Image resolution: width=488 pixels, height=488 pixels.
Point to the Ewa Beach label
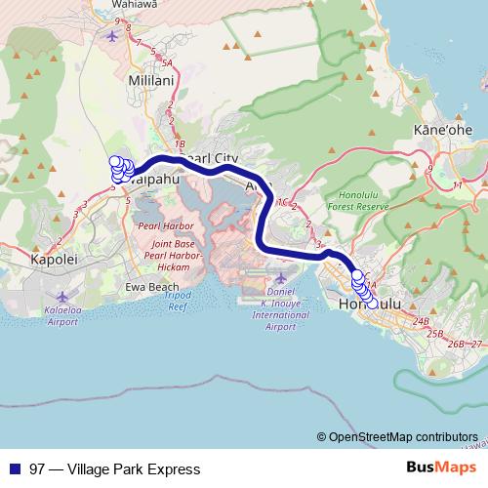click(150, 289)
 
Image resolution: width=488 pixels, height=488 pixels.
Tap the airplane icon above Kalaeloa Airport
click(64, 296)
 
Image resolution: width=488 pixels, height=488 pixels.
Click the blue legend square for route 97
click(15, 469)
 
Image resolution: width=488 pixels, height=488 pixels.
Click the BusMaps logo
click(435, 468)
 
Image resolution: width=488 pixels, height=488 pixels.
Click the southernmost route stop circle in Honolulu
click(372, 304)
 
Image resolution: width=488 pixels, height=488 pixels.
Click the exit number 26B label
click(455, 344)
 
